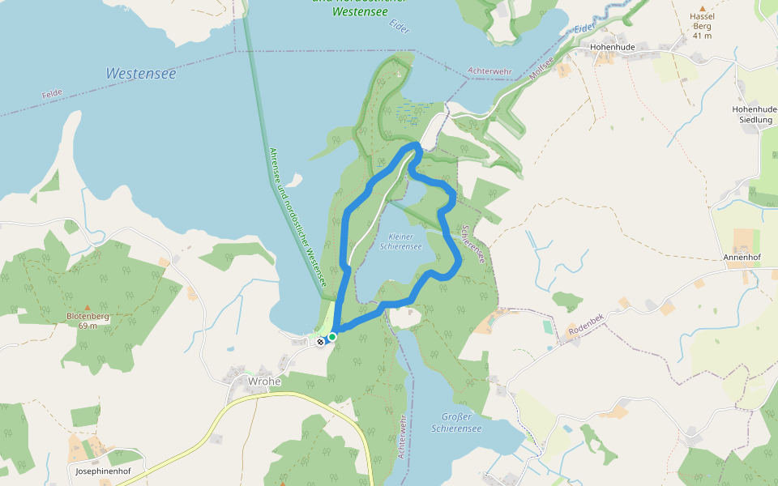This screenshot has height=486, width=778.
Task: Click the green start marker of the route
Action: (x=332, y=337)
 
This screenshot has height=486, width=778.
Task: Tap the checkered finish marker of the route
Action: (x=321, y=342)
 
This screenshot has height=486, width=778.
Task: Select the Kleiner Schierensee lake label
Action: (x=400, y=241)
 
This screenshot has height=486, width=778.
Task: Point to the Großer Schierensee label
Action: (x=456, y=422)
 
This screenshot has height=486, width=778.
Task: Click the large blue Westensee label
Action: (x=140, y=74)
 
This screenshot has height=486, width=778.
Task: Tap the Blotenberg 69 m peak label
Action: (x=82, y=320)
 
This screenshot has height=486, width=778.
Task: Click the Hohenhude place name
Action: (x=613, y=48)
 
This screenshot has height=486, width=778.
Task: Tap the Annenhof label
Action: (x=742, y=258)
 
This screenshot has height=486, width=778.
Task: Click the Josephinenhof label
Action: (x=103, y=471)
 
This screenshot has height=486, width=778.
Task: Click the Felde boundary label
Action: (x=52, y=95)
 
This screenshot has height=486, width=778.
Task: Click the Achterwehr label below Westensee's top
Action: (x=489, y=72)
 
